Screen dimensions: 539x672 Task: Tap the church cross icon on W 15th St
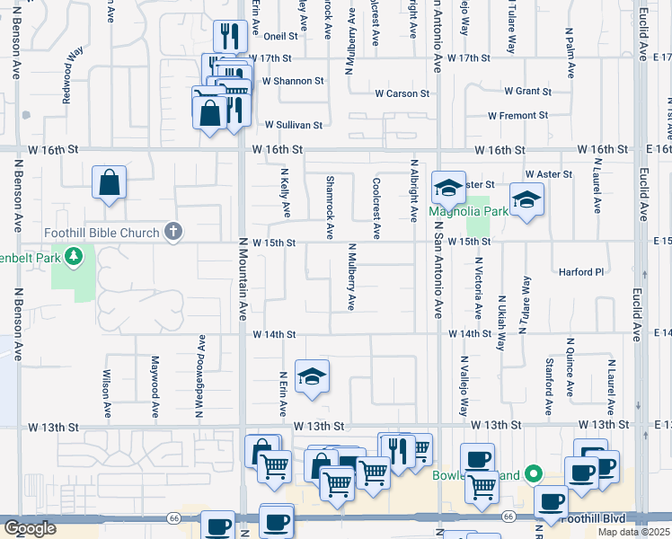click(x=173, y=233)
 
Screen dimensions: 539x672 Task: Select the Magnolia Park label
click(x=468, y=212)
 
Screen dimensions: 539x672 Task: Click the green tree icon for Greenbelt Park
click(x=75, y=258)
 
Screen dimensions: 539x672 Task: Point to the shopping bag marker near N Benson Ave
click(x=109, y=182)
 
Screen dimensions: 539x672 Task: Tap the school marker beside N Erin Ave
click(x=312, y=376)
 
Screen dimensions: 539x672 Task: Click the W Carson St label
click(x=402, y=93)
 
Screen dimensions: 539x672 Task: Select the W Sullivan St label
click(x=293, y=125)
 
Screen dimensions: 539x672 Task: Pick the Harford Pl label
click(x=582, y=272)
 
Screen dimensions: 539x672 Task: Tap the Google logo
click(x=30, y=529)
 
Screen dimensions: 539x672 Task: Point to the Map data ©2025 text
click(x=632, y=532)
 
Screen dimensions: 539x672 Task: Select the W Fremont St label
click(x=518, y=116)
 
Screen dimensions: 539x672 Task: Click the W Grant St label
click(x=527, y=92)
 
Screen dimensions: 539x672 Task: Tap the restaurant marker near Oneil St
click(x=230, y=37)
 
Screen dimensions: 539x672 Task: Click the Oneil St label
click(x=280, y=37)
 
